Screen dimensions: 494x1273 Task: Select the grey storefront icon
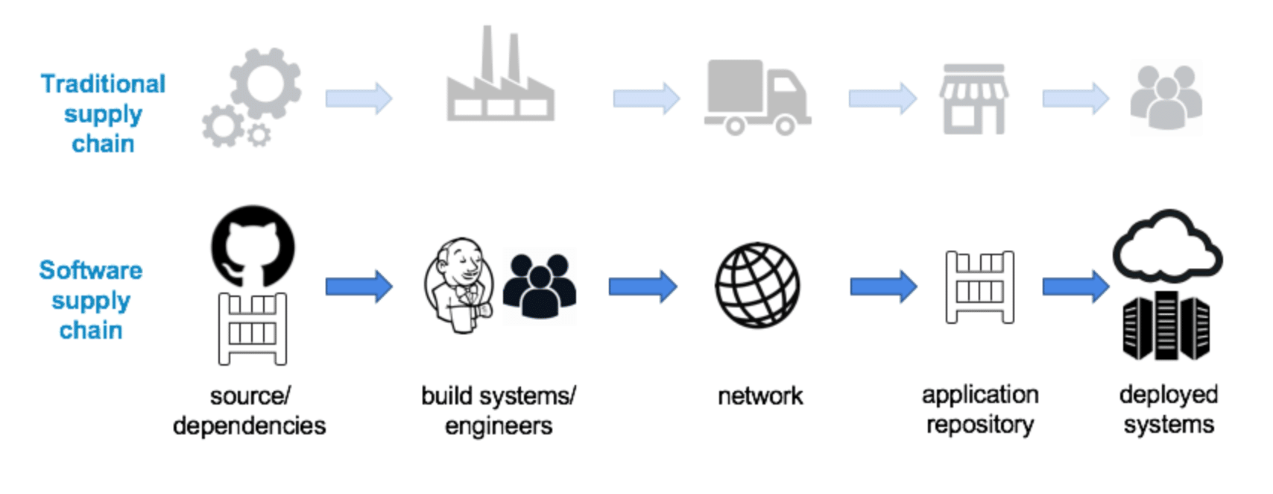(x=973, y=99)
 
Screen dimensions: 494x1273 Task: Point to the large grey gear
(x=265, y=82)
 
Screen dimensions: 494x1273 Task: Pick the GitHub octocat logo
(x=253, y=246)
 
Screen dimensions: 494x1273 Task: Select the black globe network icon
(x=757, y=285)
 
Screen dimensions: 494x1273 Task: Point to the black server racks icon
(x=1166, y=326)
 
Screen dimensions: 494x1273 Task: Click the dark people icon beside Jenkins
(x=539, y=287)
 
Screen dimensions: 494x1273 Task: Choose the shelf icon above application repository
(x=979, y=287)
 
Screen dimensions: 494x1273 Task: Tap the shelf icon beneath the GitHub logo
(x=252, y=328)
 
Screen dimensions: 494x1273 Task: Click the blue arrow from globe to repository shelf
(x=883, y=286)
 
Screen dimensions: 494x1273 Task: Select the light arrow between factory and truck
(x=645, y=98)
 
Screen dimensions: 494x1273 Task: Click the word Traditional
(x=103, y=84)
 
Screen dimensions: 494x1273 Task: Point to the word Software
(x=90, y=269)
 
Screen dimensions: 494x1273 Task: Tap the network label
(x=759, y=395)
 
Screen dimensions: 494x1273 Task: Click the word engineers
(x=499, y=425)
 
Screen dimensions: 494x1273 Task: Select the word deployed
(x=1168, y=394)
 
